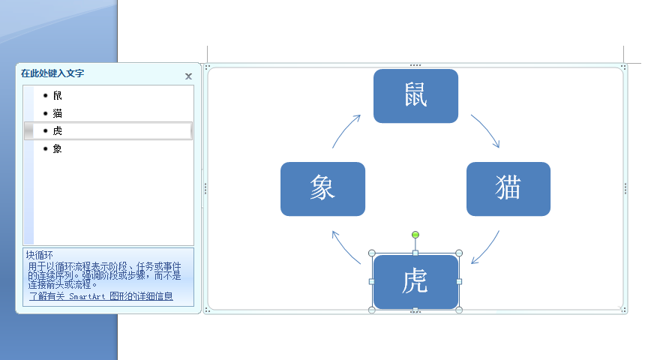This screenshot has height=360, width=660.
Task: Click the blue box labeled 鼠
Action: pos(415,96)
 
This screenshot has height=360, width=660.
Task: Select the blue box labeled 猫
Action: pos(508,189)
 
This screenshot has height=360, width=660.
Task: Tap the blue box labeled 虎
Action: pos(415,282)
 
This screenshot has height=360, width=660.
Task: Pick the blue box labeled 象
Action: pos(322,189)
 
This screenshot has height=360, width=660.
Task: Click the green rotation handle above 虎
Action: pos(415,235)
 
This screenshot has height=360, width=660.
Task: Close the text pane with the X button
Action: pos(188,76)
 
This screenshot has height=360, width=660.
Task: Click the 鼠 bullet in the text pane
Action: pos(58,95)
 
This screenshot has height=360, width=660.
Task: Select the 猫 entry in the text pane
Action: pos(58,113)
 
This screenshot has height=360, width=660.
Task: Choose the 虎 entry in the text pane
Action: pos(58,130)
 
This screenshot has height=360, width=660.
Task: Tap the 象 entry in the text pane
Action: pos(58,148)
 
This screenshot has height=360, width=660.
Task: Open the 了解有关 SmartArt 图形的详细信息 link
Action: pos(101,296)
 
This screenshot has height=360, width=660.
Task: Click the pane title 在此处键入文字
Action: pos(52,73)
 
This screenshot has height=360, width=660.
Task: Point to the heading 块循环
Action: pos(40,255)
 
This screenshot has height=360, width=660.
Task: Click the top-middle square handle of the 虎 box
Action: pos(415,253)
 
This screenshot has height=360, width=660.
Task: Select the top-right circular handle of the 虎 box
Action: pos(459,253)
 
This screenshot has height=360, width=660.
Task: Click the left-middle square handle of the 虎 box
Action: pos(372,281)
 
